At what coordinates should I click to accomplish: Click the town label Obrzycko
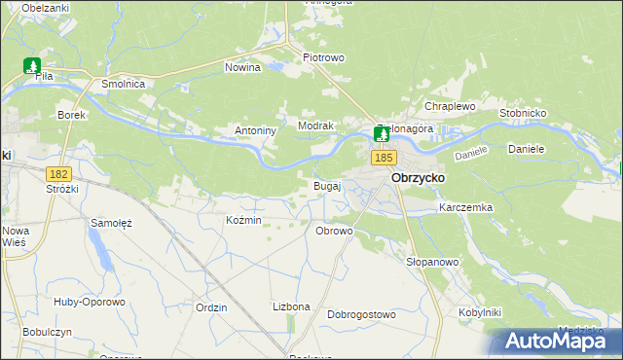coord(418,179)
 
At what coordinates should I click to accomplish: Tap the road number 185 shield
coord(383,157)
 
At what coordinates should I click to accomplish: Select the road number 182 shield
coord(59,172)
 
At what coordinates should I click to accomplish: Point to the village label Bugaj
coord(326,185)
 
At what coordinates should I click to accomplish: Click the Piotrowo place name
coord(323,57)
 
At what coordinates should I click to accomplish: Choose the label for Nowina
coord(242,68)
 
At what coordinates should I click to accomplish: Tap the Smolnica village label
coord(124,85)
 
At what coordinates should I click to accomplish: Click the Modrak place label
coord(316,126)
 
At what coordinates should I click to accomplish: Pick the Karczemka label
coord(465,208)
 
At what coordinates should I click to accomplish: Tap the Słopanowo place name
coord(431,262)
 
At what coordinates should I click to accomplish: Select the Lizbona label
coord(291,306)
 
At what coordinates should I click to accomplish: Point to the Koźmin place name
coord(243,221)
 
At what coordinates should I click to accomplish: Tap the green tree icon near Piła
coord(32,67)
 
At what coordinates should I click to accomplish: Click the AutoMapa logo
coord(554,341)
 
